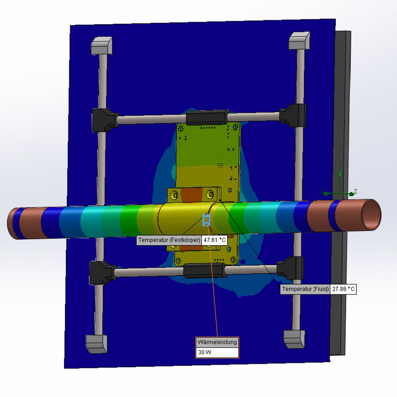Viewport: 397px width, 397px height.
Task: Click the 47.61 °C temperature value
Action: pyautogui.click(x=214, y=240)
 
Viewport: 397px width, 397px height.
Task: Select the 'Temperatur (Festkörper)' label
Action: pyautogui.click(x=169, y=240)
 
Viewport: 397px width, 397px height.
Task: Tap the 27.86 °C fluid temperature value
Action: pyautogui.click(x=343, y=289)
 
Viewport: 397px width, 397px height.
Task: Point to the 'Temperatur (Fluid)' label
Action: pyautogui.click(x=305, y=289)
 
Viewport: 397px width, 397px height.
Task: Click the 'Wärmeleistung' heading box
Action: pyautogui.click(x=217, y=342)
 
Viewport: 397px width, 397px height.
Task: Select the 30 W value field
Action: pyautogui.click(x=217, y=352)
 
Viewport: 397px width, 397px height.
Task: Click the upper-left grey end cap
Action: pyautogui.click(x=102, y=46)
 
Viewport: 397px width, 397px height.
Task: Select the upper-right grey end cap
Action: pyautogui.click(x=299, y=41)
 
